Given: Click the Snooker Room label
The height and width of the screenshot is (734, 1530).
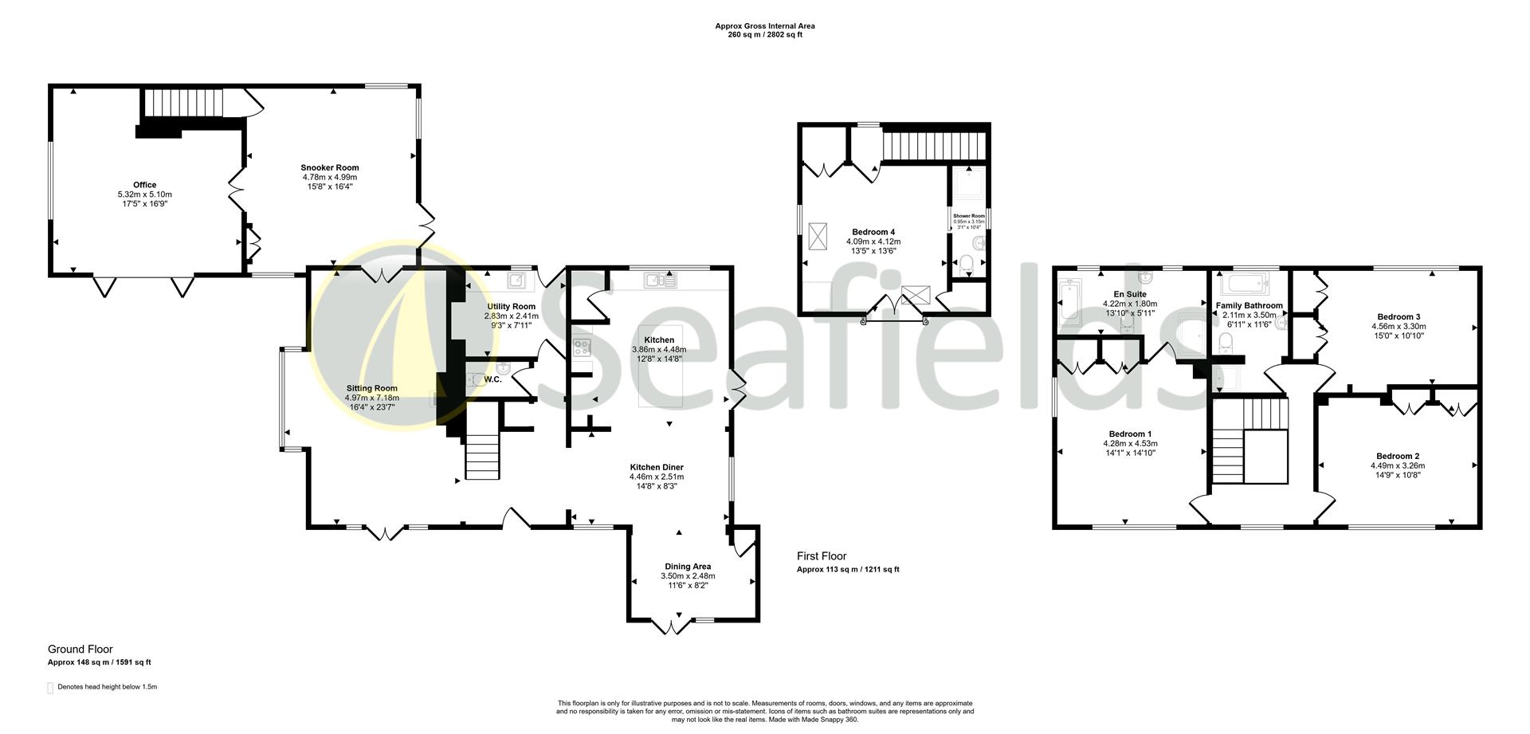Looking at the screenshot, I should pos(329,167).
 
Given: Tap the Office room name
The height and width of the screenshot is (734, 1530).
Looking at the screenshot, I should pos(144,185).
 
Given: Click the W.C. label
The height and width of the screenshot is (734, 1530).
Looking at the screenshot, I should pos(492,379).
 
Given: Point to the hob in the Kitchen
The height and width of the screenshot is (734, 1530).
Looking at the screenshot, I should pos(582,347).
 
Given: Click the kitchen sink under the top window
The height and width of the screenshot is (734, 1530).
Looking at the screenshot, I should pos(661,280).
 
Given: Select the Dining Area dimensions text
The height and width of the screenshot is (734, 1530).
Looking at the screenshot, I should pos(688,576).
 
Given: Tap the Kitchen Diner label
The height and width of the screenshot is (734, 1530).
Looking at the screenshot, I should pos(656,467).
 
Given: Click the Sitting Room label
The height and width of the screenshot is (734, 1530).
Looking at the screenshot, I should pos(371,388).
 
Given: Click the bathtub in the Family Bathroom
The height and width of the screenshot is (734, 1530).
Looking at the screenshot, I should pos(1243,284).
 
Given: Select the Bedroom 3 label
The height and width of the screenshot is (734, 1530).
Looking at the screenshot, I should pos(1399,316).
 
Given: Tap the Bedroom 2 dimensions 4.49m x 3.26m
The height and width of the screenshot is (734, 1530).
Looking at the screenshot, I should pos(1398,466).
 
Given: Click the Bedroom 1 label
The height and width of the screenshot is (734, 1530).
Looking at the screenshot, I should pos(1130,434).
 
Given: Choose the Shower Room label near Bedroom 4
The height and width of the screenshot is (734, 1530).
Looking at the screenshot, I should pos(968,215).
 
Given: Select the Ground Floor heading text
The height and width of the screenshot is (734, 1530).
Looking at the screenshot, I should pos(80,650).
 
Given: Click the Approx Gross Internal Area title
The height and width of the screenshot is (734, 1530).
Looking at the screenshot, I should pos(764,26).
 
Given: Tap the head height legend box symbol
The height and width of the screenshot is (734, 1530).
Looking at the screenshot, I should pos(51,688).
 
